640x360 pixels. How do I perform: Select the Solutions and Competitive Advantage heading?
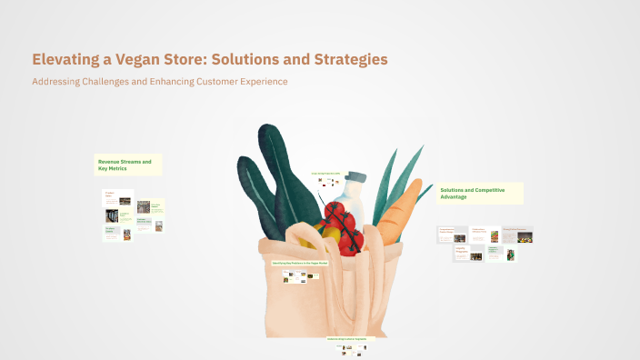(x=479, y=193)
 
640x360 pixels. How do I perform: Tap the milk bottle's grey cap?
(x=355, y=176)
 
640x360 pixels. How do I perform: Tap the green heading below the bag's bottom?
(x=345, y=338)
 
